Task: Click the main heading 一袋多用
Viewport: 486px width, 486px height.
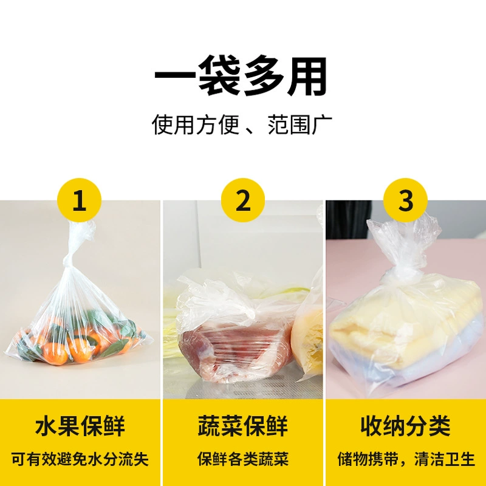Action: pos(241,75)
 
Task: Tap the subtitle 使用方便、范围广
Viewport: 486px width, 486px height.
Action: pos(242,125)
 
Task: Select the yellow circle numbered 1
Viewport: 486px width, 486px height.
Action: pos(80,200)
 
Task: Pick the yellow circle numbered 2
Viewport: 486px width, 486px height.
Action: pos(243,200)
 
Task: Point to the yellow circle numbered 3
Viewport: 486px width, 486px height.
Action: pos(405,200)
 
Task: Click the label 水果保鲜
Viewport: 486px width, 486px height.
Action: pos(80,426)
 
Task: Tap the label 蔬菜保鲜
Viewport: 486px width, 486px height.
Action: pos(243,426)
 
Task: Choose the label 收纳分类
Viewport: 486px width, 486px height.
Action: pos(405,426)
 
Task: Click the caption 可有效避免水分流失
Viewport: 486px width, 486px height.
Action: pos(80,459)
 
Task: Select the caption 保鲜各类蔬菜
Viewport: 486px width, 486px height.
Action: pos(243,459)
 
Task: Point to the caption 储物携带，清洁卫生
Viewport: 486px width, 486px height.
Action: pos(406,459)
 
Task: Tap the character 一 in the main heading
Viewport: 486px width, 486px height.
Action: pos(174,76)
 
